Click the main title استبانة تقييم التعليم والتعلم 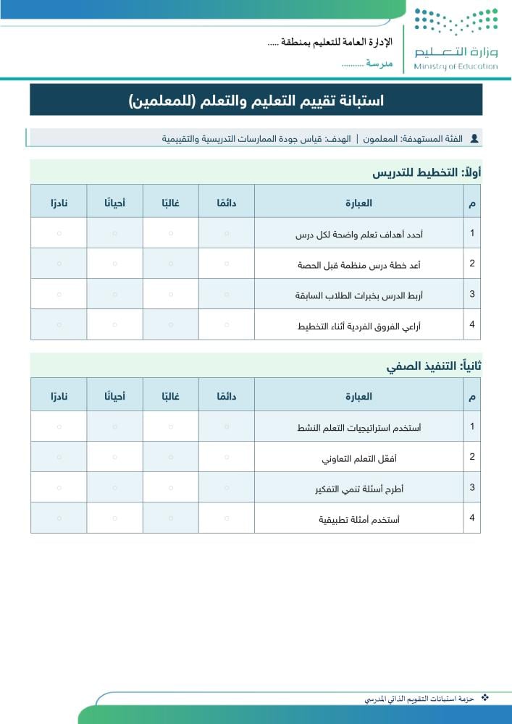[x=256, y=100]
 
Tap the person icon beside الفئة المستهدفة [x=474, y=138]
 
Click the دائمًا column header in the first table [x=227, y=203]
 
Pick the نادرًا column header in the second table [x=59, y=396]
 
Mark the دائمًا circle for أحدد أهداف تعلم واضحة [x=227, y=233]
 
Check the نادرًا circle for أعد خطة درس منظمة [x=59, y=264]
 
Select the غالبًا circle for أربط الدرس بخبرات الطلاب [x=171, y=295]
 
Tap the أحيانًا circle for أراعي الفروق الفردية [x=114, y=325]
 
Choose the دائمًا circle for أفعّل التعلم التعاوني [x=227, y=458]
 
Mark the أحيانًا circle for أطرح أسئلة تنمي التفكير [x=114, y=488]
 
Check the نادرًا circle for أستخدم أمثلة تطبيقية [x=59, y=518]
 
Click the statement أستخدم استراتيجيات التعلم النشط [x=359, y=427]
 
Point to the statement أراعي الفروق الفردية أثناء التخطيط [x=359, y=326]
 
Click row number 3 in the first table [x=472, y=294]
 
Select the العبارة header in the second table [x=359, y=396]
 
